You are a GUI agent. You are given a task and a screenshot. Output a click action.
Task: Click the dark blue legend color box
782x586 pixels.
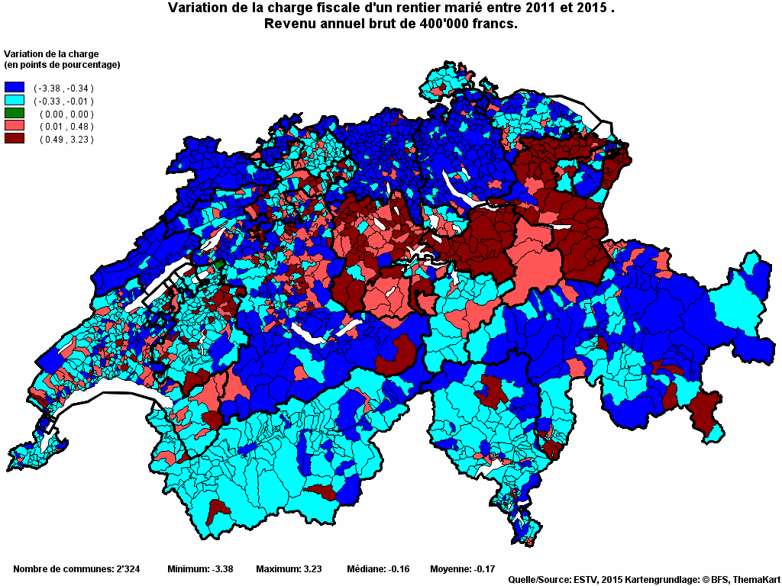pos(15,88)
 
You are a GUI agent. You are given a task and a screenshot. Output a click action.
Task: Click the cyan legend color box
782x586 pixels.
pos(15,101)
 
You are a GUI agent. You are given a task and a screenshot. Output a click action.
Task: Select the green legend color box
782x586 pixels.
pos(15,114)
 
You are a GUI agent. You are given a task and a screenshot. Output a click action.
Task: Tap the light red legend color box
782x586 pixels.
pos(15,126)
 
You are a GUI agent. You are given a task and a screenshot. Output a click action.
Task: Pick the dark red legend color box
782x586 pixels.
pos(15,139)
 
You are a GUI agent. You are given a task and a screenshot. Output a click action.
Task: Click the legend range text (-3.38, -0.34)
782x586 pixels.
pos(63,89)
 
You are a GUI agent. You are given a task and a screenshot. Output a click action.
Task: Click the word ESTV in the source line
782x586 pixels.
pos(584,580)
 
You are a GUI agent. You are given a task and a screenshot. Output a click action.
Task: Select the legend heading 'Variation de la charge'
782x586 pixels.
pos(52,54)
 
